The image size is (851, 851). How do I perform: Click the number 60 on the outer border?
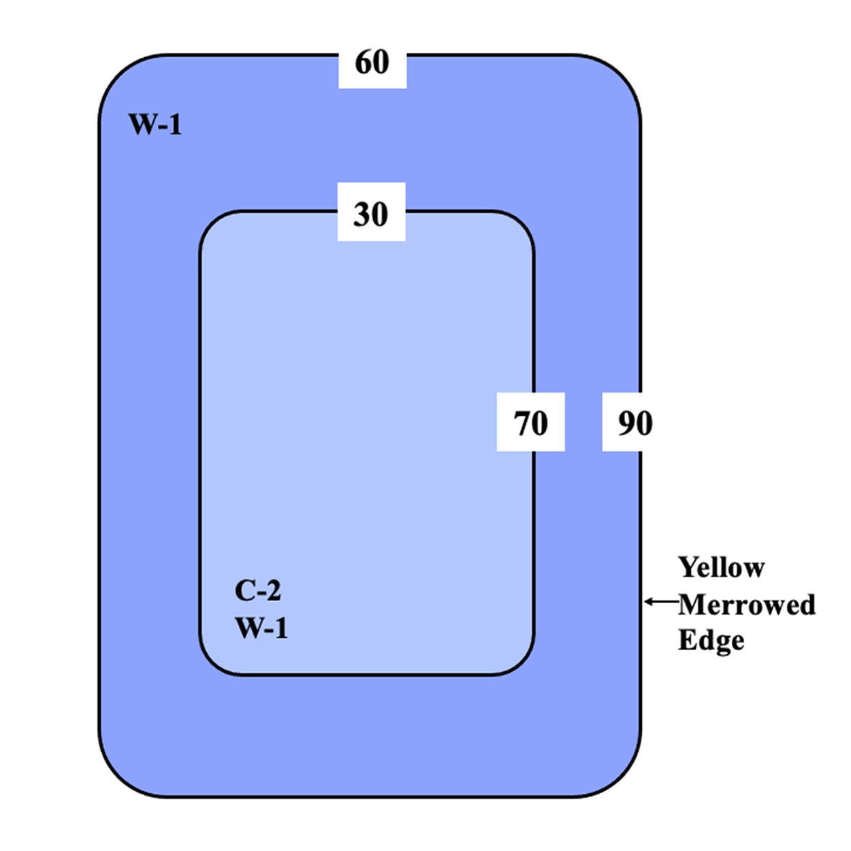pos(372,62)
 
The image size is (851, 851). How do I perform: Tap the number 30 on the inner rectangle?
pos(371,214)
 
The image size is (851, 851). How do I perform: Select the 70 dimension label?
pos(530,423)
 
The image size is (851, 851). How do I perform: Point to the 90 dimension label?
pos(635,423)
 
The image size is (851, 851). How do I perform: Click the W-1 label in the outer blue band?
pos(155,125)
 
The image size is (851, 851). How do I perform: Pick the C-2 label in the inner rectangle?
pos(258,590)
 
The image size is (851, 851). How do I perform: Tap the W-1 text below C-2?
pos(261,628)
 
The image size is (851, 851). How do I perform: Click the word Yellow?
pos(721,567)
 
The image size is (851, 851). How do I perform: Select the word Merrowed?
pos(747,604)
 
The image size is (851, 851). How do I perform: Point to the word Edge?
pos(711,641)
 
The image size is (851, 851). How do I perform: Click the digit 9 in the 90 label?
pos(626,423)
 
